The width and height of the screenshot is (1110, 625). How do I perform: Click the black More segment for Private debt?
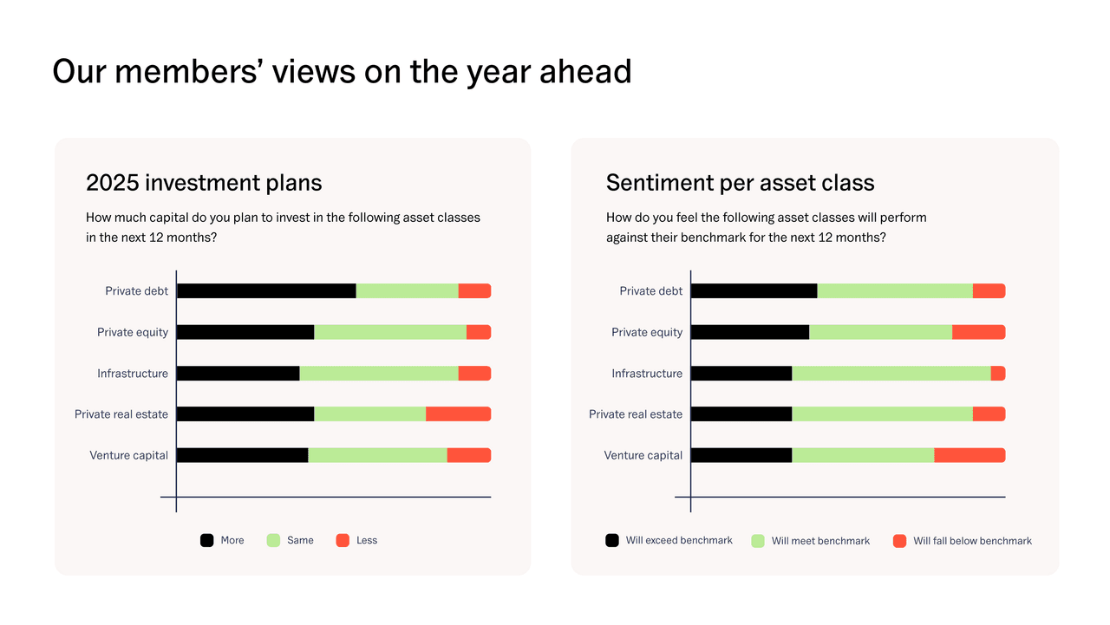tap(266, 291)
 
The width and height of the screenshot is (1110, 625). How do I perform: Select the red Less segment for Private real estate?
tap(458, 414)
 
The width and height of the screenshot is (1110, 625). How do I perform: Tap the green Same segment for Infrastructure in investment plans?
tap(379, 374)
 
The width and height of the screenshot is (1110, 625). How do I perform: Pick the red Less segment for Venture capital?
tap(468, 455)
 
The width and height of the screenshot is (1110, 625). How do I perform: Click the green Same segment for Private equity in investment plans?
tap(390, 332)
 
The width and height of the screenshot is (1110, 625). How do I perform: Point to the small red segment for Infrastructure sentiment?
tap(998, 374)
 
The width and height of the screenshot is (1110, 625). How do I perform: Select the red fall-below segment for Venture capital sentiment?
tap(970, 455)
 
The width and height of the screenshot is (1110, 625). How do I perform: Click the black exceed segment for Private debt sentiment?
tap(754, 291)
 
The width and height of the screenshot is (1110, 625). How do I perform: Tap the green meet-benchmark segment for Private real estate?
tap(882, 414)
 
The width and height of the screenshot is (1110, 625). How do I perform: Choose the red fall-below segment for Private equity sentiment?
tap(978, 332)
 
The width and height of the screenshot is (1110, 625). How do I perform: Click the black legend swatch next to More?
tap(207, 540)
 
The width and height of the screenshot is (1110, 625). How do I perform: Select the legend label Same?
tap(300, 540)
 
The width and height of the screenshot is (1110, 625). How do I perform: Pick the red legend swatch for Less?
tap(343, 540)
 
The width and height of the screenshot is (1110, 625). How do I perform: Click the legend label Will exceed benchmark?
tap(679, 540)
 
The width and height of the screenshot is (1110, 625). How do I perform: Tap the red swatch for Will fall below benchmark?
tap(899, 541)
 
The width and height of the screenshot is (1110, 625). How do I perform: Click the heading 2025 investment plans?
tap(204, 183)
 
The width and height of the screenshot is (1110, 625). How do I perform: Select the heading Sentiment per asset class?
tap(740, 183)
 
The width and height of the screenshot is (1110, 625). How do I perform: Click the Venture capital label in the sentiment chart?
tap(643, 455)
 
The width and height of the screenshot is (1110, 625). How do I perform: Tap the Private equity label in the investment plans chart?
tap(133, 332)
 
